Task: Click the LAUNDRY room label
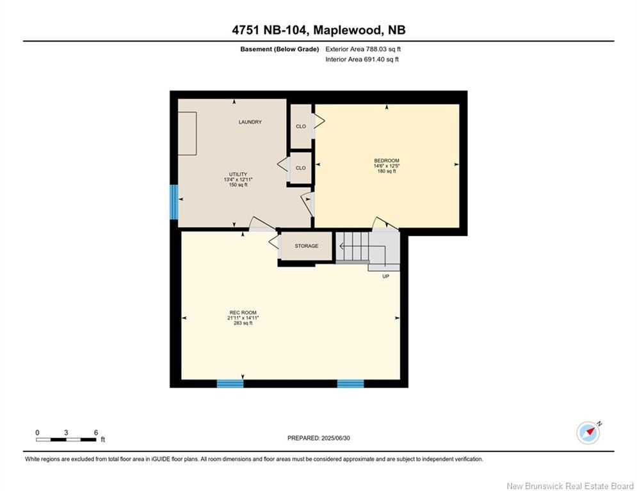click(x=250, y=122)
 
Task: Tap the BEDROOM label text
click(x=386, y=160)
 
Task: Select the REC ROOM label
click(x=243, y=313)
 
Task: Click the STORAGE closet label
click(x=306, y=246)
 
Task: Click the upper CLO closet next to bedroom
click(x=300, y=127)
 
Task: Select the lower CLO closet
click(x=300, y=168)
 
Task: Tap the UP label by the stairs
click(x=385, y=276)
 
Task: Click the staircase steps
click(x=353, y=246)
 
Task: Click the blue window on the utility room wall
click(x=173, y=202)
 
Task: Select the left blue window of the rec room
click(x=230, y=384)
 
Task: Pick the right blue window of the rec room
click(x=350, y=384)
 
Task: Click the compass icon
click(x=588, y=433)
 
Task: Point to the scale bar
click(x=67, y=439)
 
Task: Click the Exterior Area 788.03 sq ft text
click(x=363, y=49)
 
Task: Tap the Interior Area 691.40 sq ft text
click(x=362, y=59)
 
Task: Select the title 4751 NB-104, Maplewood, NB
click(x=318, y=30)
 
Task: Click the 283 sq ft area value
click(x=243, y=323)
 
